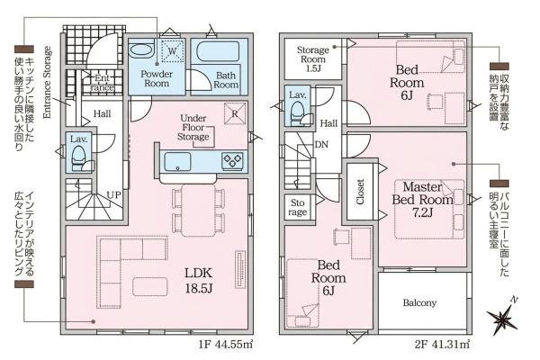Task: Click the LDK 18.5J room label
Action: click(x=199, y=280)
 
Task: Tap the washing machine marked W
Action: click(x=173, y=51)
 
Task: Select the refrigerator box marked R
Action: click(x=235, y=113)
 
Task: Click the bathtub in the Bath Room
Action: click(x=218, y=52)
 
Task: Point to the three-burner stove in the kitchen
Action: click(x=233, y=161)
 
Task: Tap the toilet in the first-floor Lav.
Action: click(x=80, y=158)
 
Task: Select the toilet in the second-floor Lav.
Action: click(x=297, y=113)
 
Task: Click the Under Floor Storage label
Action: click(x=193, y=128)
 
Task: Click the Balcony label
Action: click(x=419, y=302)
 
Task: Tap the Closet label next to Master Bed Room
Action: click(x=360, y=192)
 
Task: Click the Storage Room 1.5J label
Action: click(x=312, y=59)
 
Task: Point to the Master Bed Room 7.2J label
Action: click(x=423, y=200)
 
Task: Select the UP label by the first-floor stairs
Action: click(x=113, y=195)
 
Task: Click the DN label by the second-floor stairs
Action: click(x=321, y=145)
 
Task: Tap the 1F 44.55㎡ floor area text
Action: click(x=226, y=345)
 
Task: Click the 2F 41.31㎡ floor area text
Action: click(x=442, y=345)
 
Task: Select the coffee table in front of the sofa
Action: click(x=150, y=286)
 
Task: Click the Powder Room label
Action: click(x=157, y=79)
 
